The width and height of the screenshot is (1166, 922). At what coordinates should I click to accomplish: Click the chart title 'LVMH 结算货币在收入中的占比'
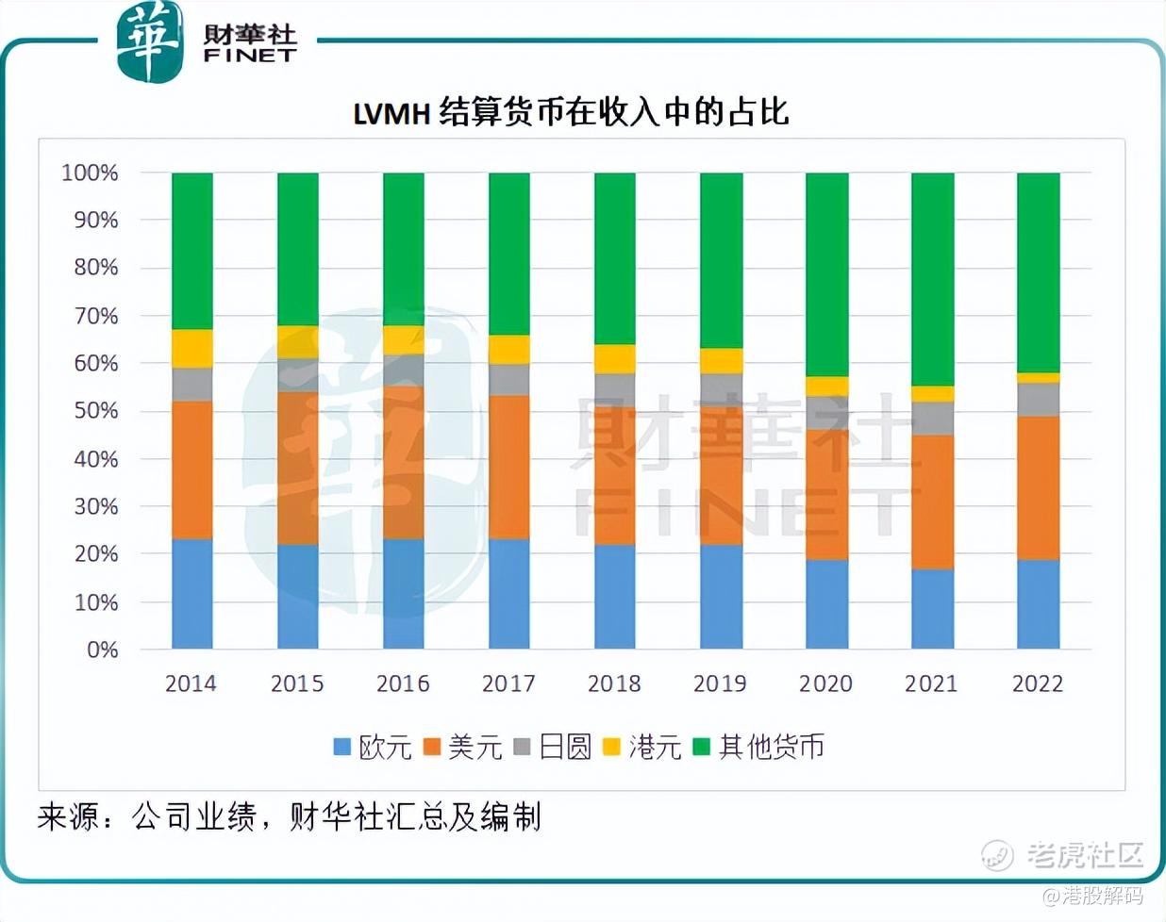[x=571, y=112]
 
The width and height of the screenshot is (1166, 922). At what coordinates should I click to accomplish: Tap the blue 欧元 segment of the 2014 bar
[x=192, y=593]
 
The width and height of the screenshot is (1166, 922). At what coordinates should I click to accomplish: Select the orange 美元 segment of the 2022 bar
[x=1038, y=487]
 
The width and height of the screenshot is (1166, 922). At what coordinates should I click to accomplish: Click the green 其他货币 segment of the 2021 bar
[x=932, y=279]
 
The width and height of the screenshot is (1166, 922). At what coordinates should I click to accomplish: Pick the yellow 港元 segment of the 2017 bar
[x=508, y=349]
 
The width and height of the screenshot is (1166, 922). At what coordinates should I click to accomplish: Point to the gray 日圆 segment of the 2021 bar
[x=932, y=418]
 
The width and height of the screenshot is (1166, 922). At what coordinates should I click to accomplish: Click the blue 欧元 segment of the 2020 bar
[x=826, y=603]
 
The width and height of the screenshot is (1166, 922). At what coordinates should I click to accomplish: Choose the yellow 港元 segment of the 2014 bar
[x=192, y=348]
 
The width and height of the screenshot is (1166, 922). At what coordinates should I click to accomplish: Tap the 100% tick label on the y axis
[x=90, y=173]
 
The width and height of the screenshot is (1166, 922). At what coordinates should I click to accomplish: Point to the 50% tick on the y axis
[x=95, y=411]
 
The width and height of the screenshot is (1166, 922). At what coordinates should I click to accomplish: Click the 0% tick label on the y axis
[x=102, y=650]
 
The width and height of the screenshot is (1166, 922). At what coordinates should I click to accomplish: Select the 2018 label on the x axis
[x=614, y=683]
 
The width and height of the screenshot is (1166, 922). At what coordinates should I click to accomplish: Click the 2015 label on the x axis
[x=297, y=683]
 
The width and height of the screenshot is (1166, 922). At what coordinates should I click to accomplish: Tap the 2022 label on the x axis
[x=1038, y=683]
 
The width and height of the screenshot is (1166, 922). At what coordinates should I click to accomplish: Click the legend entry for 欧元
[x=374, y=747]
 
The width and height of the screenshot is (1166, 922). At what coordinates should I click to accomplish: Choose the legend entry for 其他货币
[x=759, y=747]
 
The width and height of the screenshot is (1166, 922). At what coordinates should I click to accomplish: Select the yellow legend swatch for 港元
[x=611, y=747]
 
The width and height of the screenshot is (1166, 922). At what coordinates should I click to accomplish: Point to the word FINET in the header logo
[x=250, y=57]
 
